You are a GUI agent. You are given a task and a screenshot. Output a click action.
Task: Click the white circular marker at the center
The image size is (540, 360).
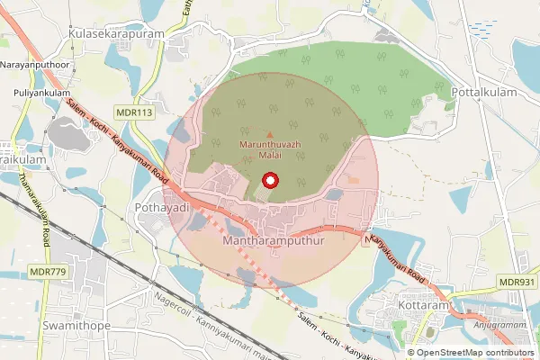click(x=270, y=180)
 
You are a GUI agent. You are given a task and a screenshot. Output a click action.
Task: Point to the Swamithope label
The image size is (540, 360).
click(x=76, y=323)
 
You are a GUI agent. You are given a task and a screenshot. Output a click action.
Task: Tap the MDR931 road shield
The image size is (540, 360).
click(x=517, y=283)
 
